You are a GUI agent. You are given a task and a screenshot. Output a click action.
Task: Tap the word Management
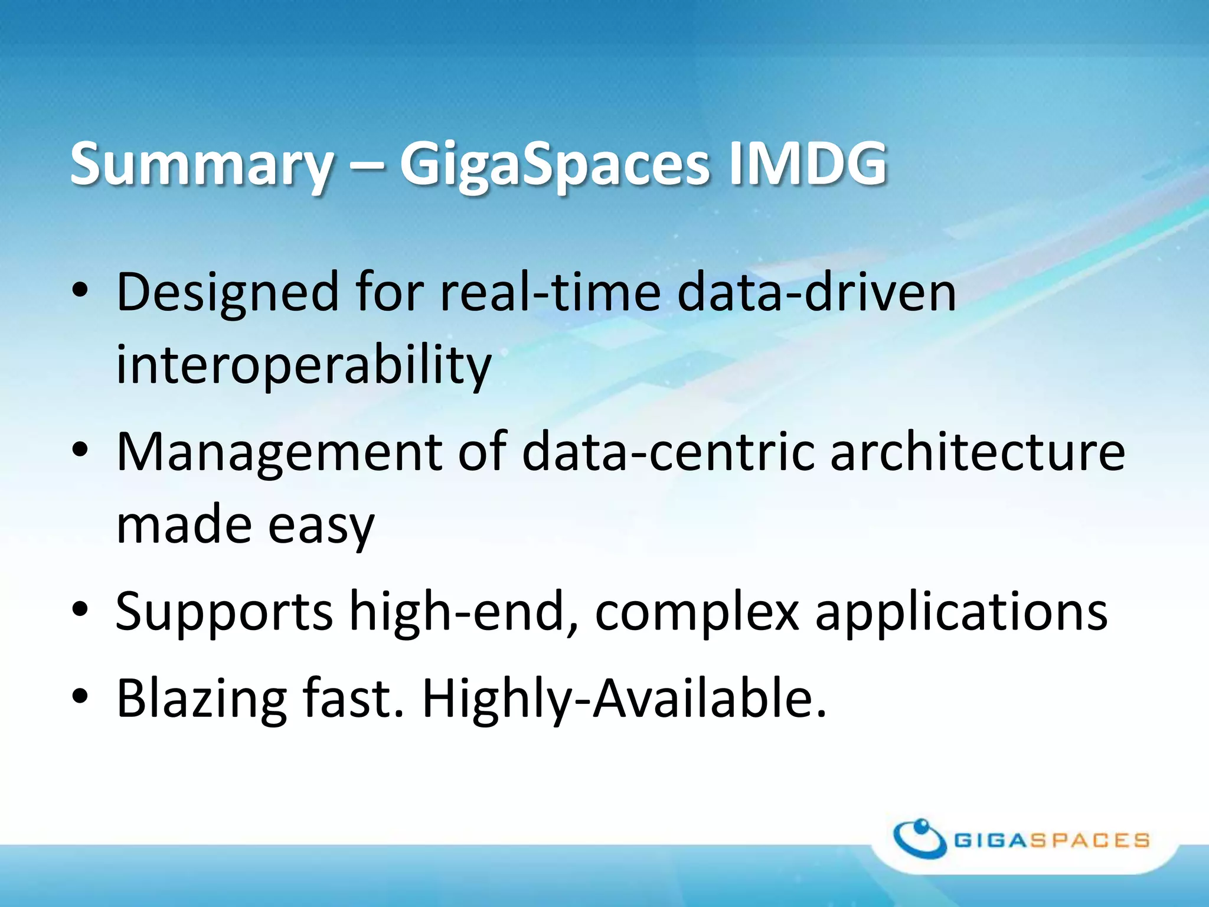279,453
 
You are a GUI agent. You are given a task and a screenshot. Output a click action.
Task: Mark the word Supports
224,613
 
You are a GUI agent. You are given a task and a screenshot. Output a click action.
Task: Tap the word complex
697,613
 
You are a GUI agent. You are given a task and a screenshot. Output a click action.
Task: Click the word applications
961,613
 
